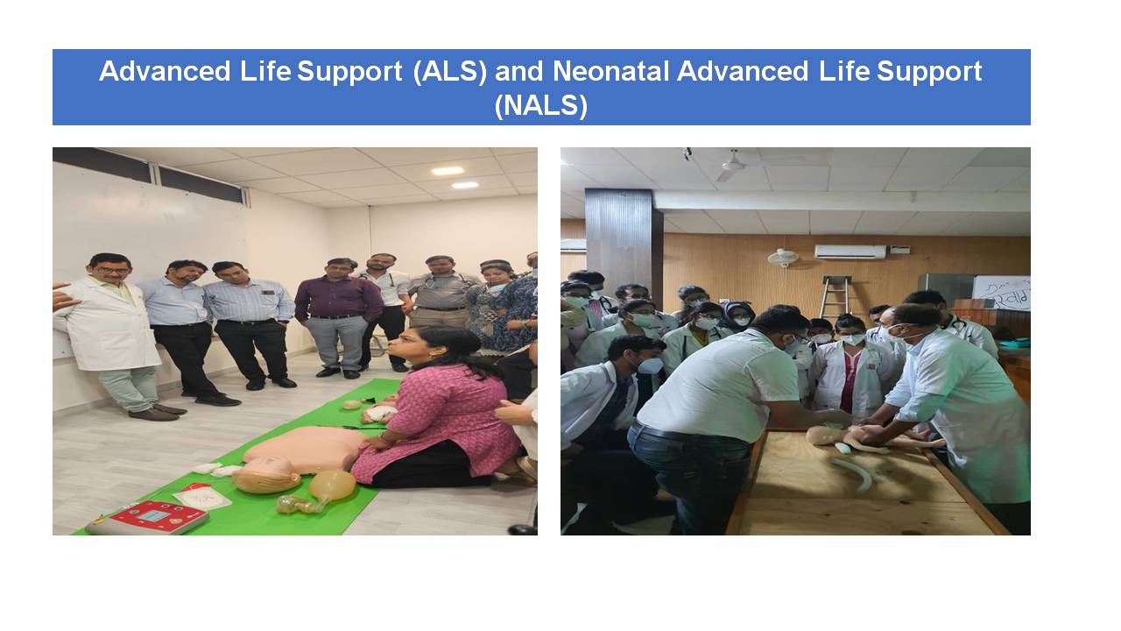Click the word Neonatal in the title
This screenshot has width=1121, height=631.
coord(611,71)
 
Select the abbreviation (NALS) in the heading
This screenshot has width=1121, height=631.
coord(541,106)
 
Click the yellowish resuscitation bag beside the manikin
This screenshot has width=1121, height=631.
coord(333,485)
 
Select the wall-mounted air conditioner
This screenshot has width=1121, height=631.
coord(850,252)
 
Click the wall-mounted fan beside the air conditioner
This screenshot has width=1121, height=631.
coord(783,258)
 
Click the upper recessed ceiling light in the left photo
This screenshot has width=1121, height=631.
coord(448,171)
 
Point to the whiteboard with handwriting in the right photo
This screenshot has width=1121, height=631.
coord(1001,293)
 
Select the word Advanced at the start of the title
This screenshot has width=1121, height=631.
coord(165,71)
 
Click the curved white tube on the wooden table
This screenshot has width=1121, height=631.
coord(853,473)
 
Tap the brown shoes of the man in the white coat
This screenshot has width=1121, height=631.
coord(159,412)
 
